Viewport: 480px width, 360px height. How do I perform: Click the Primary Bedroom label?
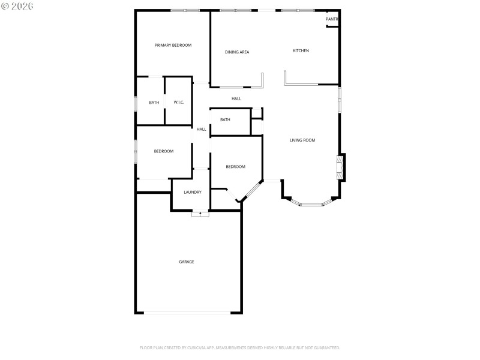pos(173,46)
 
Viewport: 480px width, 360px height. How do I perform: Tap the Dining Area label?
pos(237,52)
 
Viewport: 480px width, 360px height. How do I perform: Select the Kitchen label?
pos(301,51)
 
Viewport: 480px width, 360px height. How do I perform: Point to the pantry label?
pos(332,20)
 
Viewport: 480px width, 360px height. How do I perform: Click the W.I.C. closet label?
pos(179,103)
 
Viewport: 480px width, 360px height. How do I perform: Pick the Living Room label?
pos(302,140)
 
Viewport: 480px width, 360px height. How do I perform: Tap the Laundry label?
pos(193,192)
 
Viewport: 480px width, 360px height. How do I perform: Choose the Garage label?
pos(186,262)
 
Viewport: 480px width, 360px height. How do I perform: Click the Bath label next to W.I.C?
pos(154,103)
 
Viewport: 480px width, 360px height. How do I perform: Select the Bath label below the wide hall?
pos(225,120)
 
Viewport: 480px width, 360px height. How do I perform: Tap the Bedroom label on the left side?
pos(164,151)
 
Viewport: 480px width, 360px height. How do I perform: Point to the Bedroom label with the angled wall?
pos(235,167)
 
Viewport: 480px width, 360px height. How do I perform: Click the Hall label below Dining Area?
pos(236,99)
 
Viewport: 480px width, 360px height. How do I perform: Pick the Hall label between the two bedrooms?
pos(202,129)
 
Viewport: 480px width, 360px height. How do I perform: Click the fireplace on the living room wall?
pos(340,167)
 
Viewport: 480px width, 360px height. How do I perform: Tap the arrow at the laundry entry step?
pos(200,213)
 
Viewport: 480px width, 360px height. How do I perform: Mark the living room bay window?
pos(311,204)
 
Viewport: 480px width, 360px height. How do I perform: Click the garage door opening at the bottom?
pos(187,312)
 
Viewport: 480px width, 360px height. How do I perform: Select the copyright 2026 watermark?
pos(17,5)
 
